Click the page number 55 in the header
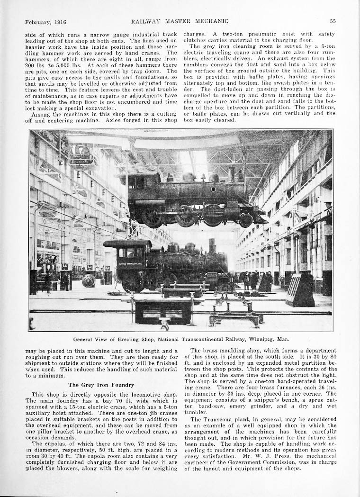(x=333, y=21)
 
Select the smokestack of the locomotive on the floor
(x=212, y=245)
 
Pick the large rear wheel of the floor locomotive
(x=134, y=283)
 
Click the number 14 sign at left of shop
(x=64, y=267)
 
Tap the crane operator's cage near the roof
(x=81, y=155)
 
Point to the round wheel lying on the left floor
(x=89, y=280)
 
